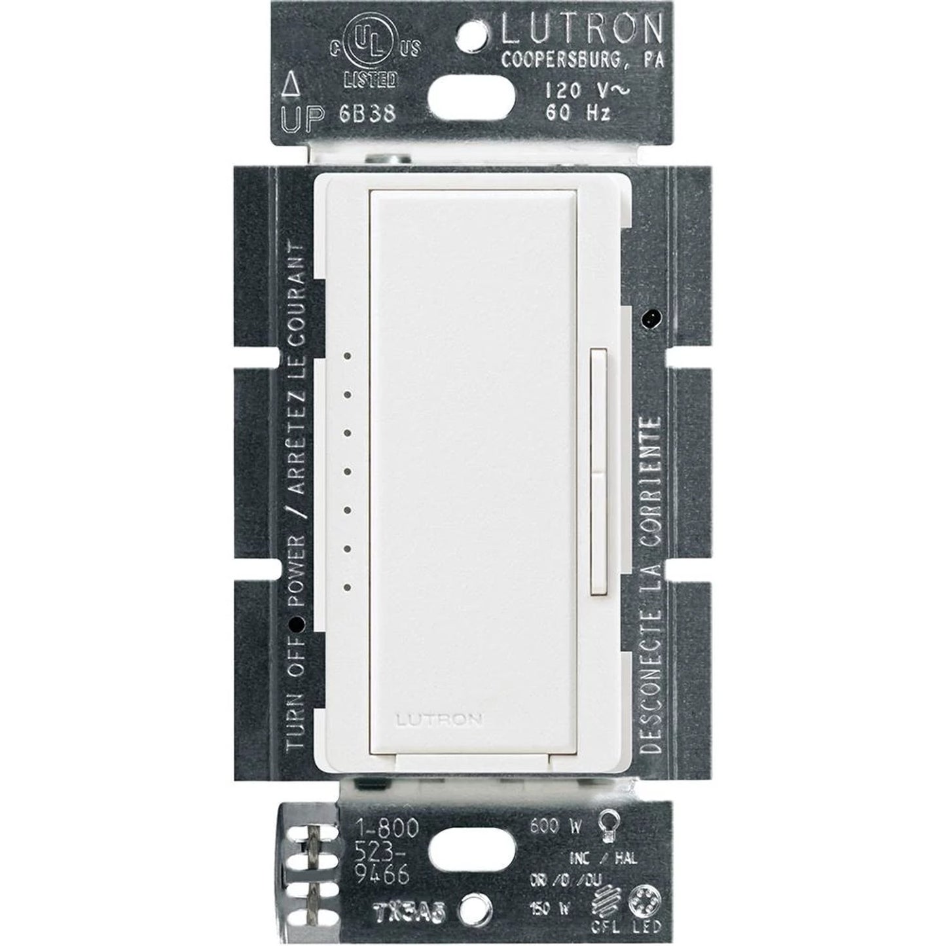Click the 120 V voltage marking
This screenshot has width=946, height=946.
point(576,90)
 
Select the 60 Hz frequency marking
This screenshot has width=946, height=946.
point(576,112)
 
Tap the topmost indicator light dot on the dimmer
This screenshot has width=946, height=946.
point(348,357)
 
